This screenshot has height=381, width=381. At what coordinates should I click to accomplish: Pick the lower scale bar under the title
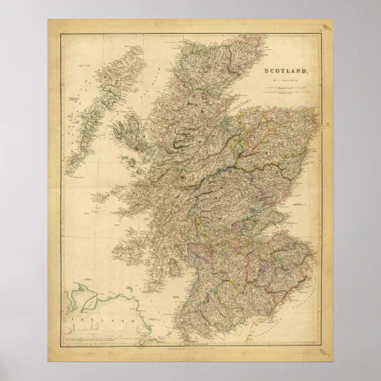(288, 93)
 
